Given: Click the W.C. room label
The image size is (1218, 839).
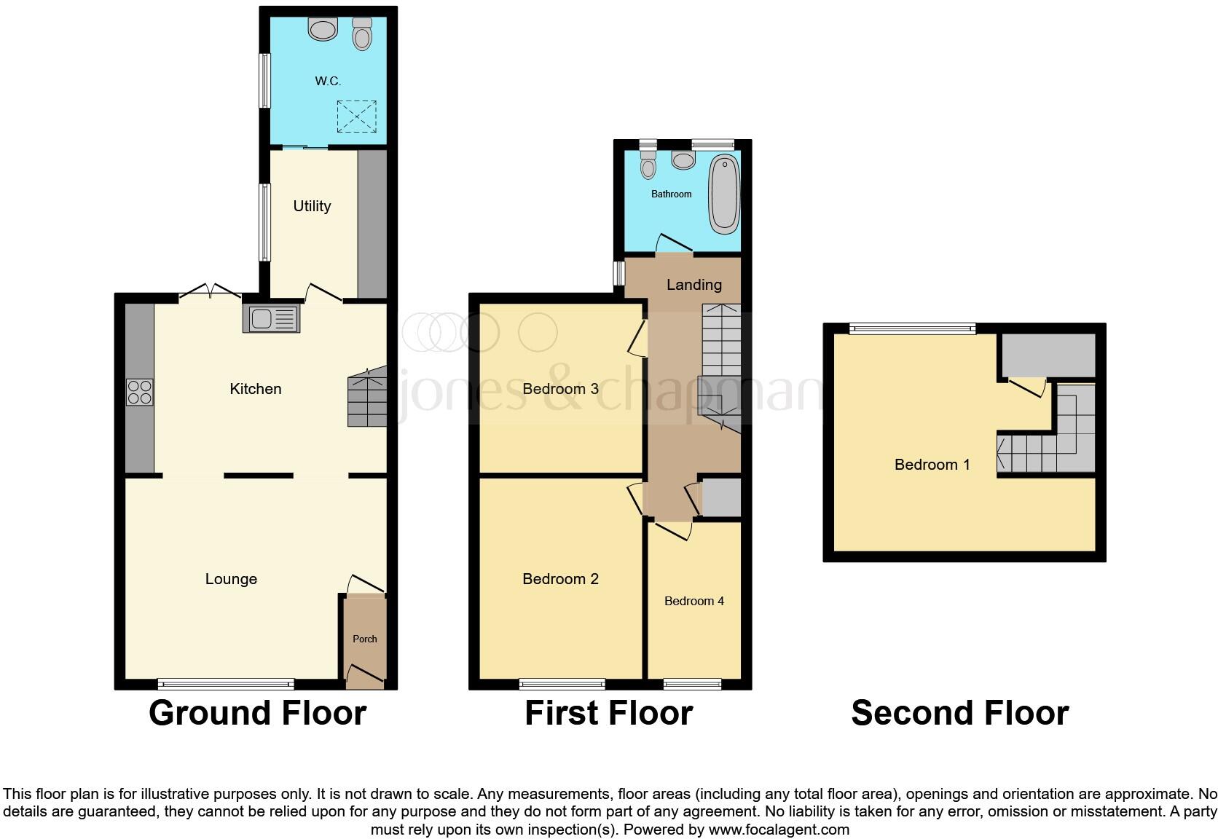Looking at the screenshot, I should pyautogui.click(x=328, y=81).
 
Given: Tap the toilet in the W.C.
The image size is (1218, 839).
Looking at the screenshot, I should pyautogui.click(x=362, y=34).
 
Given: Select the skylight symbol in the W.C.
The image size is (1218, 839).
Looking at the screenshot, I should pyautogui.click(x=356, y=117).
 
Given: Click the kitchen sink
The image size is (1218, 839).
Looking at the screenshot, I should pyautogui.click(x=272, y=319).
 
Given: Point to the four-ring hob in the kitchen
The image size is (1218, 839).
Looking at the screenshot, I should pyautogui.click(x=139, y=392).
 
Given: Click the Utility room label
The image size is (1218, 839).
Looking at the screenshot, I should pyautogui.click(x=312, y=206).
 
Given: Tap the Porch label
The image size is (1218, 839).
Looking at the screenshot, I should pyautogui.click(x=365, y=639).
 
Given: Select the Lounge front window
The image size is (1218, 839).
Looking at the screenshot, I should pyautogui.click(x=226, y=684).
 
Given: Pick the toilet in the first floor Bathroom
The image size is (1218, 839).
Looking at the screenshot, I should pyautogui.click(x=648, y=163).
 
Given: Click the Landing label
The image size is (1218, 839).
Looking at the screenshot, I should pyautogui.click(x=694, y=285).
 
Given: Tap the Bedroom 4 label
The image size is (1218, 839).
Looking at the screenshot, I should pyautogui.click(x=694, y=601).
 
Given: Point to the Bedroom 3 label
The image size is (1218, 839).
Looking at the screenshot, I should pyautogui.click(x=560, y=389).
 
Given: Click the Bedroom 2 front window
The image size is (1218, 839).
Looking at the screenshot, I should pyautogui.click(x=562, y=684).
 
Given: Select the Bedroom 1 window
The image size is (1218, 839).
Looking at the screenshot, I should pyautogui.click(x=914, y=328).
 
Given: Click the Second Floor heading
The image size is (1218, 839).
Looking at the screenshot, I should pyautogui.click(x=959, y=713).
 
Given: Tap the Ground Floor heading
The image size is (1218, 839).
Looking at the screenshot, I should pyautogui.click(x=257, y=713).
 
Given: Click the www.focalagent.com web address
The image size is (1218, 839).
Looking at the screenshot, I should pyautogui.click(x=779, y=830).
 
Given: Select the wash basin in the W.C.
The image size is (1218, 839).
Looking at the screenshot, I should pyautogui.click(x=323, y=29).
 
